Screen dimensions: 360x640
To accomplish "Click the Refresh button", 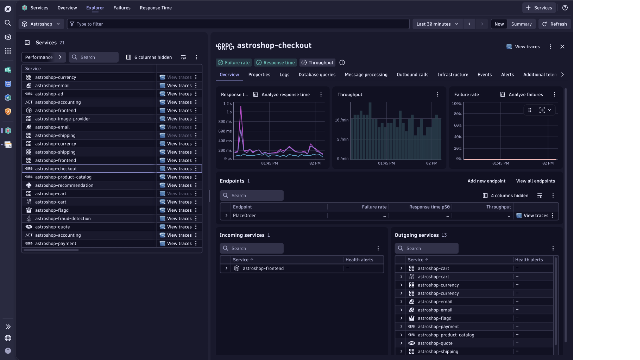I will click(555, 24).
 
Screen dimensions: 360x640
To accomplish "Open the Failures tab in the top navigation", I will click(122, 8).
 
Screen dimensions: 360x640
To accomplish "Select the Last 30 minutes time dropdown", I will click(437, 24).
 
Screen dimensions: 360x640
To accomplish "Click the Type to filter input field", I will click(238, 24).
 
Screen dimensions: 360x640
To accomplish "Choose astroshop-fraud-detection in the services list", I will click(63, 219).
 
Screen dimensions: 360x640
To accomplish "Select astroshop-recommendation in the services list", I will click(64, 185).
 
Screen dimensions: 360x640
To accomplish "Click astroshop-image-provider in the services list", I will click(62, 119).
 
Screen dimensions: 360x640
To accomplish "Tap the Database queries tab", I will click(317, 75).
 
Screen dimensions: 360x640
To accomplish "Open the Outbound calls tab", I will click(412, 75).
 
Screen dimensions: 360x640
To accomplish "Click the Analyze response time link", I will click(285, 95).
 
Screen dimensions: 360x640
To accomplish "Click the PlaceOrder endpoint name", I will click(244, 216).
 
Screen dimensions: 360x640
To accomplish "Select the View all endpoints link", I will click(535, 181).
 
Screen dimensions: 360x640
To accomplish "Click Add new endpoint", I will click(486, 181).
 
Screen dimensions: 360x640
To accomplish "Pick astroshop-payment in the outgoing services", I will click(438, 327).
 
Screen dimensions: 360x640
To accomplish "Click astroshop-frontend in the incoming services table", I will click(263, 269).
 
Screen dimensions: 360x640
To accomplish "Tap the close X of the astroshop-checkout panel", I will click(562, 47).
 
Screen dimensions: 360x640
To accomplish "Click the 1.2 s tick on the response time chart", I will click(227, 104).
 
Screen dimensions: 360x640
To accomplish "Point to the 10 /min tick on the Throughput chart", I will click(341, 120).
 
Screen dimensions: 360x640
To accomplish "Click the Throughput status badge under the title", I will click(318, 63).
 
